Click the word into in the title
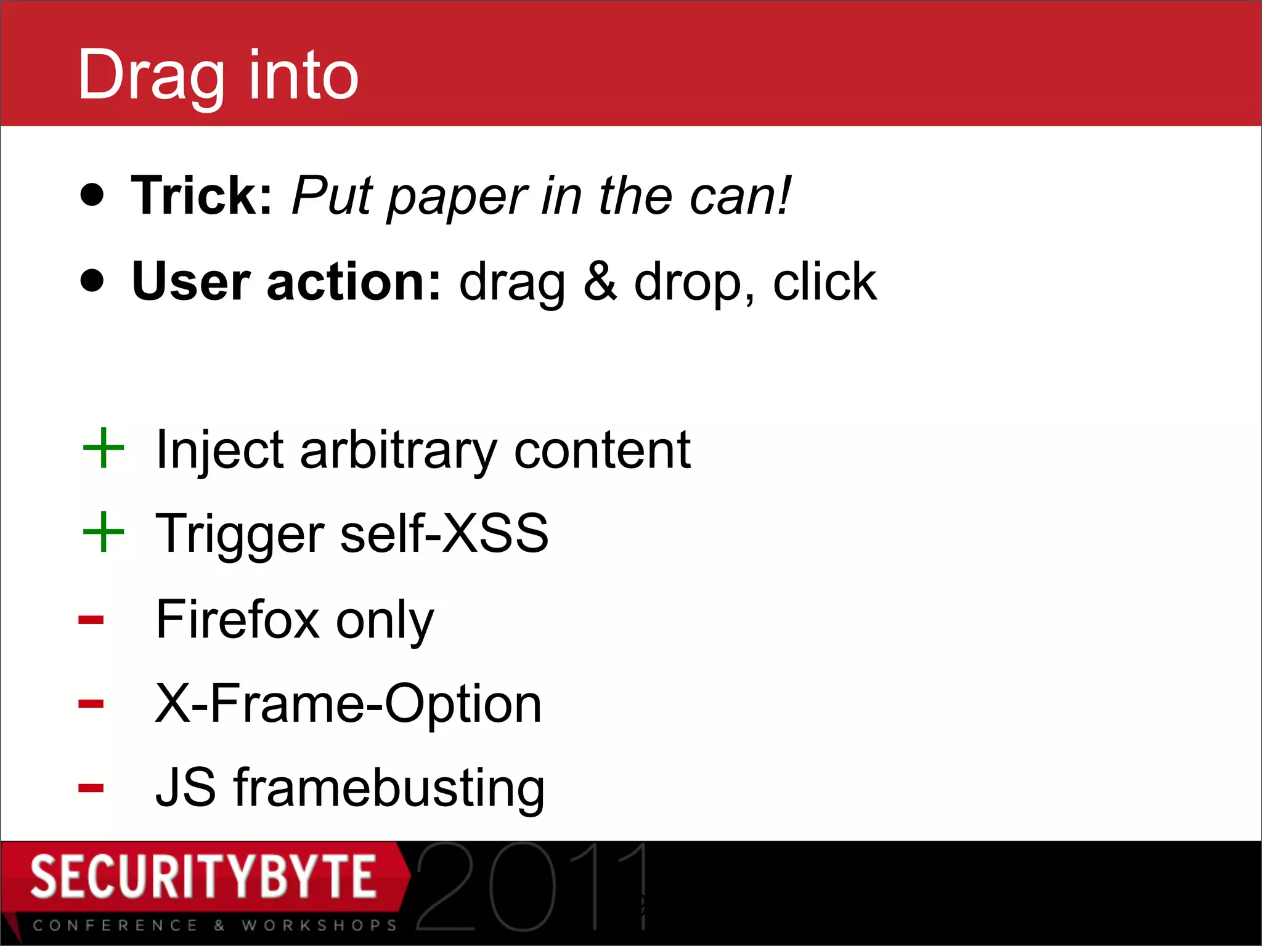pos(303,75)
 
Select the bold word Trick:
pos(202,195)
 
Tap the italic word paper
pos(457,197)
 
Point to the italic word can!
pos(739,196)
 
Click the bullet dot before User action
pos(92,280)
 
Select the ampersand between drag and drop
pos(600,281)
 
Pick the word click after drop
pos(824,281)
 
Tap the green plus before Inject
pos(104,448)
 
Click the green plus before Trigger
pos(104,532)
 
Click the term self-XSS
pos(444,533)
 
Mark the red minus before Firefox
pos(91,620)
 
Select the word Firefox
pos(237,619)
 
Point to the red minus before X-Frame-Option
pos(91,703)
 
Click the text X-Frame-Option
pos(348,703)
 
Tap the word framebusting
pos(389,788)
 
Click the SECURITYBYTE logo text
pos(203,876)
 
